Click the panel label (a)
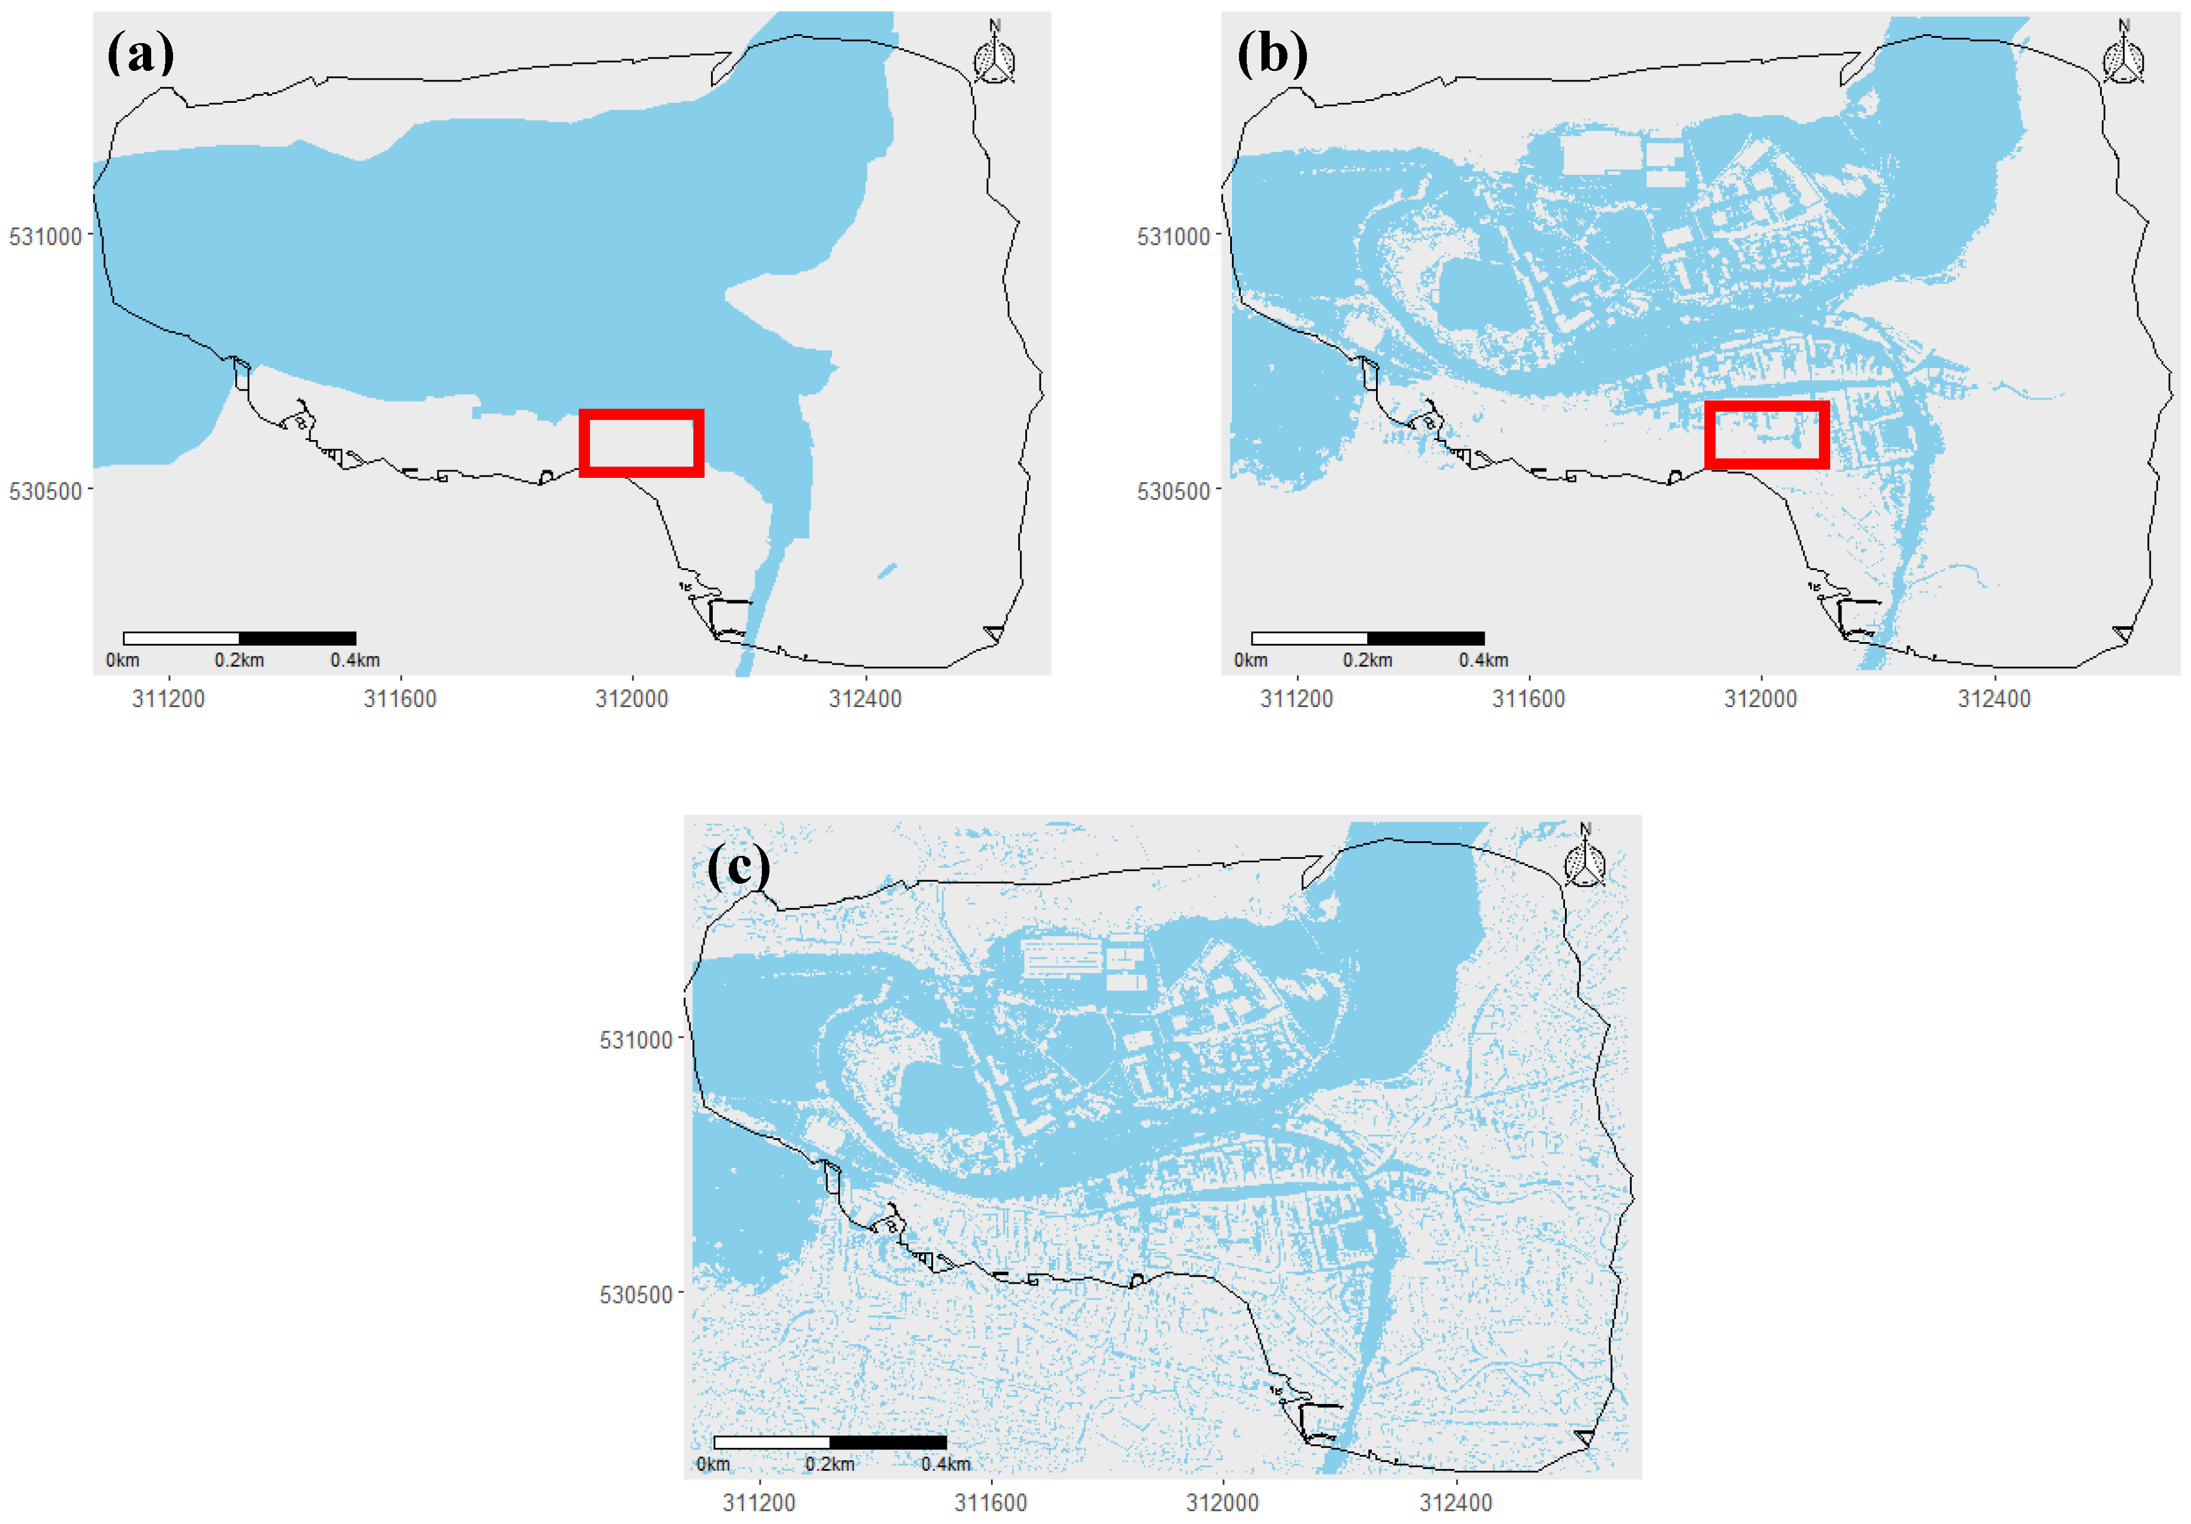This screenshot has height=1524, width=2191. (x=141, y=53)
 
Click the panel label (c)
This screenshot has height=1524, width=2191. (x=738, y=867)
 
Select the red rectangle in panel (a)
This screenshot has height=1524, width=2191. (x=641, y=443)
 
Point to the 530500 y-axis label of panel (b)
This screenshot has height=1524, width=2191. (x=1173, y=491)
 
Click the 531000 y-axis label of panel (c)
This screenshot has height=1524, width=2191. (x=635, y=1040)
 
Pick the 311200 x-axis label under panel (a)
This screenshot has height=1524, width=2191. (x=168, y=699)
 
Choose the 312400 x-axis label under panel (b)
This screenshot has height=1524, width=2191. (x=1994, y=699)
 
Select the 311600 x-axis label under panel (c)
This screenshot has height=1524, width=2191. (x=990, y=1503)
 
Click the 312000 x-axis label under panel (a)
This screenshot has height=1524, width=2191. (x=632, y=699)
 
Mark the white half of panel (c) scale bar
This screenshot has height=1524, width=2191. (x=772, y=1442)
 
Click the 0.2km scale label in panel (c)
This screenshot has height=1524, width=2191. (x=829, y=1464)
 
